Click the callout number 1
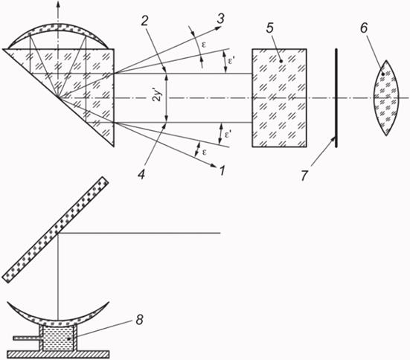pyautogui.click(x=222, y=171)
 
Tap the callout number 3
pyautogui.click(x=220, y=19)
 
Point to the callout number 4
pyautogui.click(x=141, y=174)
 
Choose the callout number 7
pyautogui.click(x=304, y=176)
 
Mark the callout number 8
pyautogui.click(x=139, y=320)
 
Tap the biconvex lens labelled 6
pyautogui.click(x=386, y=97)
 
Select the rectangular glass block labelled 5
pyautogui.click(x=279, y=98)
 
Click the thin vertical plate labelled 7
pyautogui.click(x=336, y=98)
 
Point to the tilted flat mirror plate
pyautogui.click(x=55, y=230)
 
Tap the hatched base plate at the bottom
pyautogui.click(x=58, y=355)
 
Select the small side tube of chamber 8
pyautogui.click(x=26, y=338)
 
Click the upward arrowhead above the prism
pyautogui.click(x=58, y=3)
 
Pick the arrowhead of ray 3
pyautogui.click(x=219, y=29)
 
